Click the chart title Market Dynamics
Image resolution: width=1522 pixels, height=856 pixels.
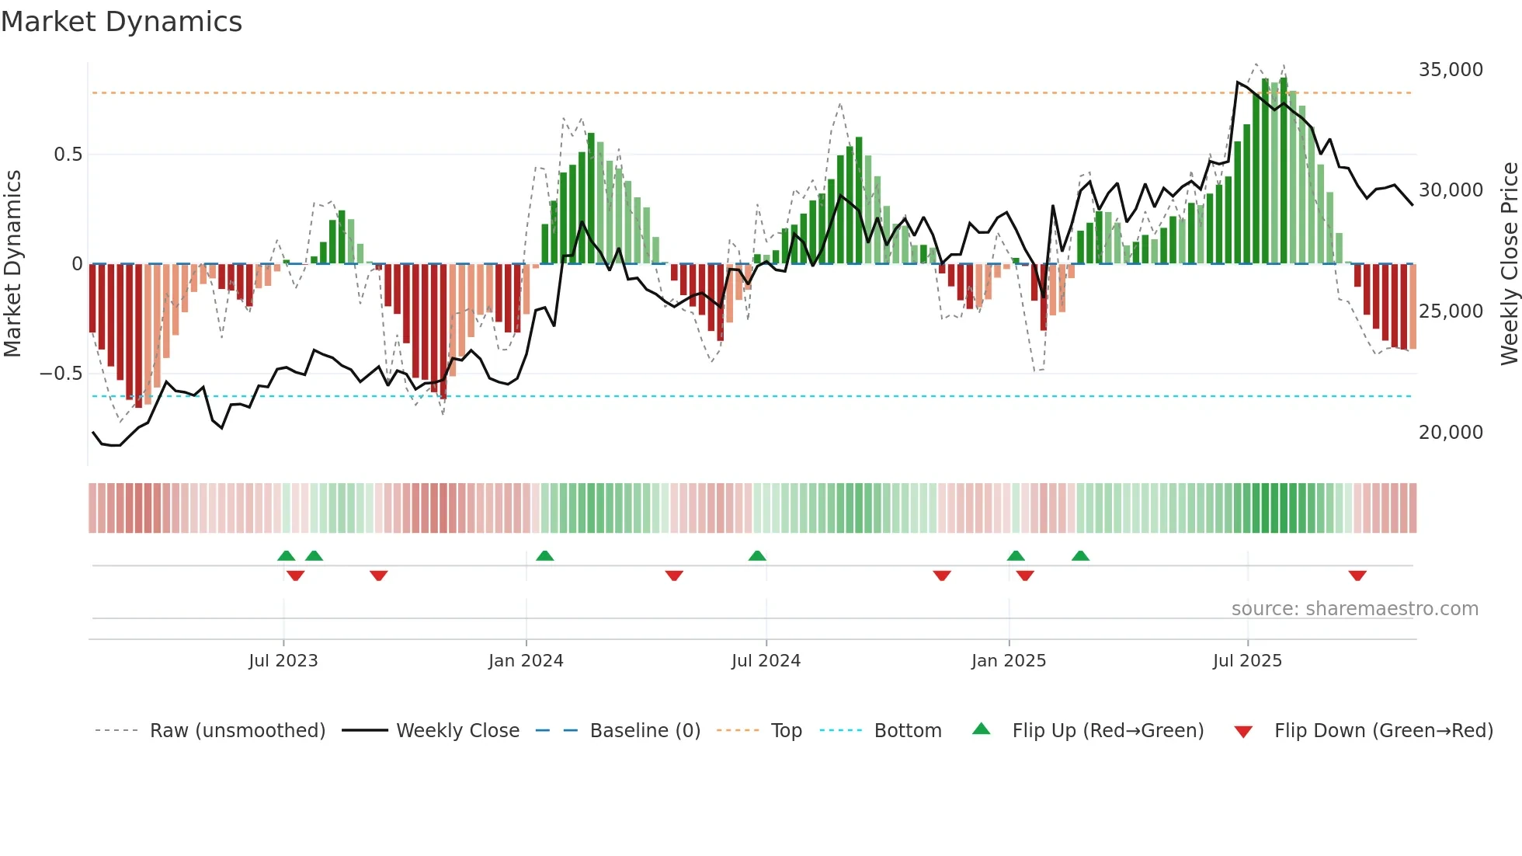pos(121,22)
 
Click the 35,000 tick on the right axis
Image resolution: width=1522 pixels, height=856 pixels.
pos(1450,70)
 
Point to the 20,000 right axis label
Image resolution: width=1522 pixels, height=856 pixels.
pos(1450,433)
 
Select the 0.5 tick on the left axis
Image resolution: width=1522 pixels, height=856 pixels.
pos(68,155)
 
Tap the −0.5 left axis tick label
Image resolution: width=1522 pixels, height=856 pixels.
pos(61,374)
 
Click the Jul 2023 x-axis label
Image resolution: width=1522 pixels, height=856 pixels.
pos(283,661)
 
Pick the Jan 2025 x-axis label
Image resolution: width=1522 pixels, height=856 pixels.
pos(1008,661)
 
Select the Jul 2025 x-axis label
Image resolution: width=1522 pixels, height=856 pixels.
pos(1247,661)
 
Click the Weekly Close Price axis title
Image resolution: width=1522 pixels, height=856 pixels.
pos(1509,264)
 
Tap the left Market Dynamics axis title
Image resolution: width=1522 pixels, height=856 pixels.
pos(12,264)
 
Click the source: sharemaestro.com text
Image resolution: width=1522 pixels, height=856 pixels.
pos(1354,609)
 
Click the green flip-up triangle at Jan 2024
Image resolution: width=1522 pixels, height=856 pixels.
pos(544,555)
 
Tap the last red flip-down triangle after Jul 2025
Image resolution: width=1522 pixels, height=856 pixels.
pos(1357,576)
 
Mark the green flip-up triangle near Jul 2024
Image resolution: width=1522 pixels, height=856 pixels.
pos(757,555)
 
